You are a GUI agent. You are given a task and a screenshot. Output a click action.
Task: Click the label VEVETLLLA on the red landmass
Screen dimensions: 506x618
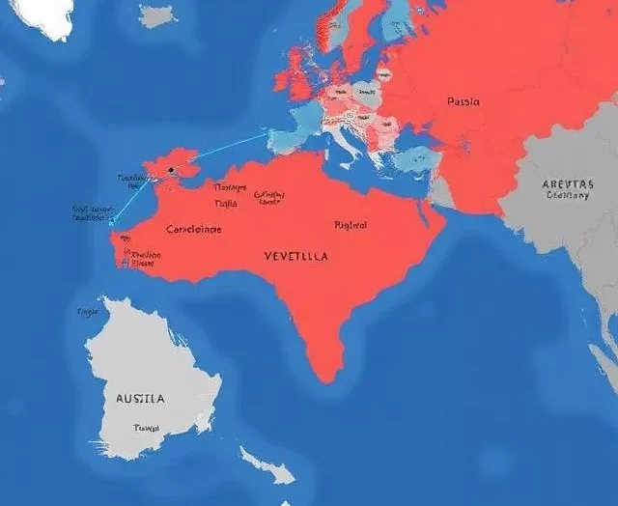point(295,258)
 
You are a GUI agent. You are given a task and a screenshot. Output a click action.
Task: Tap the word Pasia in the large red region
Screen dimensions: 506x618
point(463,100)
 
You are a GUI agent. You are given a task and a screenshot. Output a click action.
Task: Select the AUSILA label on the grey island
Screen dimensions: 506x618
point(140,398)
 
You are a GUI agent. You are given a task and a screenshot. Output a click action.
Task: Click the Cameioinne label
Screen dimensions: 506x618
point(193,230)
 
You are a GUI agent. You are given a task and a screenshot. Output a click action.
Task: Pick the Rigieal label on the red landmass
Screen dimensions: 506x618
point(351,225)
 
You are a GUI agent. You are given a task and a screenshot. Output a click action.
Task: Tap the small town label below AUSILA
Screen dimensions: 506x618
point(147,428)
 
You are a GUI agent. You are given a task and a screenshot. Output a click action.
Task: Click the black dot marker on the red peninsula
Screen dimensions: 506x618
point(171,170)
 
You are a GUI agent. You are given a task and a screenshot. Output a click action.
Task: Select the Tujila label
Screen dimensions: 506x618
point(225,204)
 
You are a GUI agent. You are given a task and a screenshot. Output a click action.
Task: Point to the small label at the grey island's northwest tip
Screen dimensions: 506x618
point(88,312)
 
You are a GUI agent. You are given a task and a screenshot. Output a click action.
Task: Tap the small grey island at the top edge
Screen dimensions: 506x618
point(157,15)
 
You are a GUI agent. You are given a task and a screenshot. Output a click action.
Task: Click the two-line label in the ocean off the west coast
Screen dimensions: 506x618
point(94,212)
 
